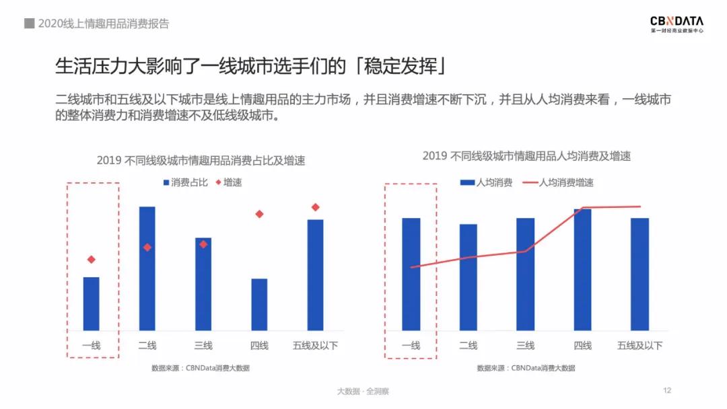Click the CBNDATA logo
point(677,24)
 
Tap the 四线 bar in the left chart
point(259,304)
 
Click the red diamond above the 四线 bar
point(259,214)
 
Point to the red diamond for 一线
point(91,260)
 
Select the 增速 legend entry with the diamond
point(229,182)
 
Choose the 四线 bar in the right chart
point(582,269)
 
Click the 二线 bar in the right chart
point(468,276)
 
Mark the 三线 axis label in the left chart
point(203,346)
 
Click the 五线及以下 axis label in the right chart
point(639,346)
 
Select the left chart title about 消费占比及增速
point(201,160)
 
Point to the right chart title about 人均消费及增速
point(526,156)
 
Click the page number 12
point(667,391)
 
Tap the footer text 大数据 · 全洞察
point(363,392)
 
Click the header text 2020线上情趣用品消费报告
point(103,24)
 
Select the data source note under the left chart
point(201,368)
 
